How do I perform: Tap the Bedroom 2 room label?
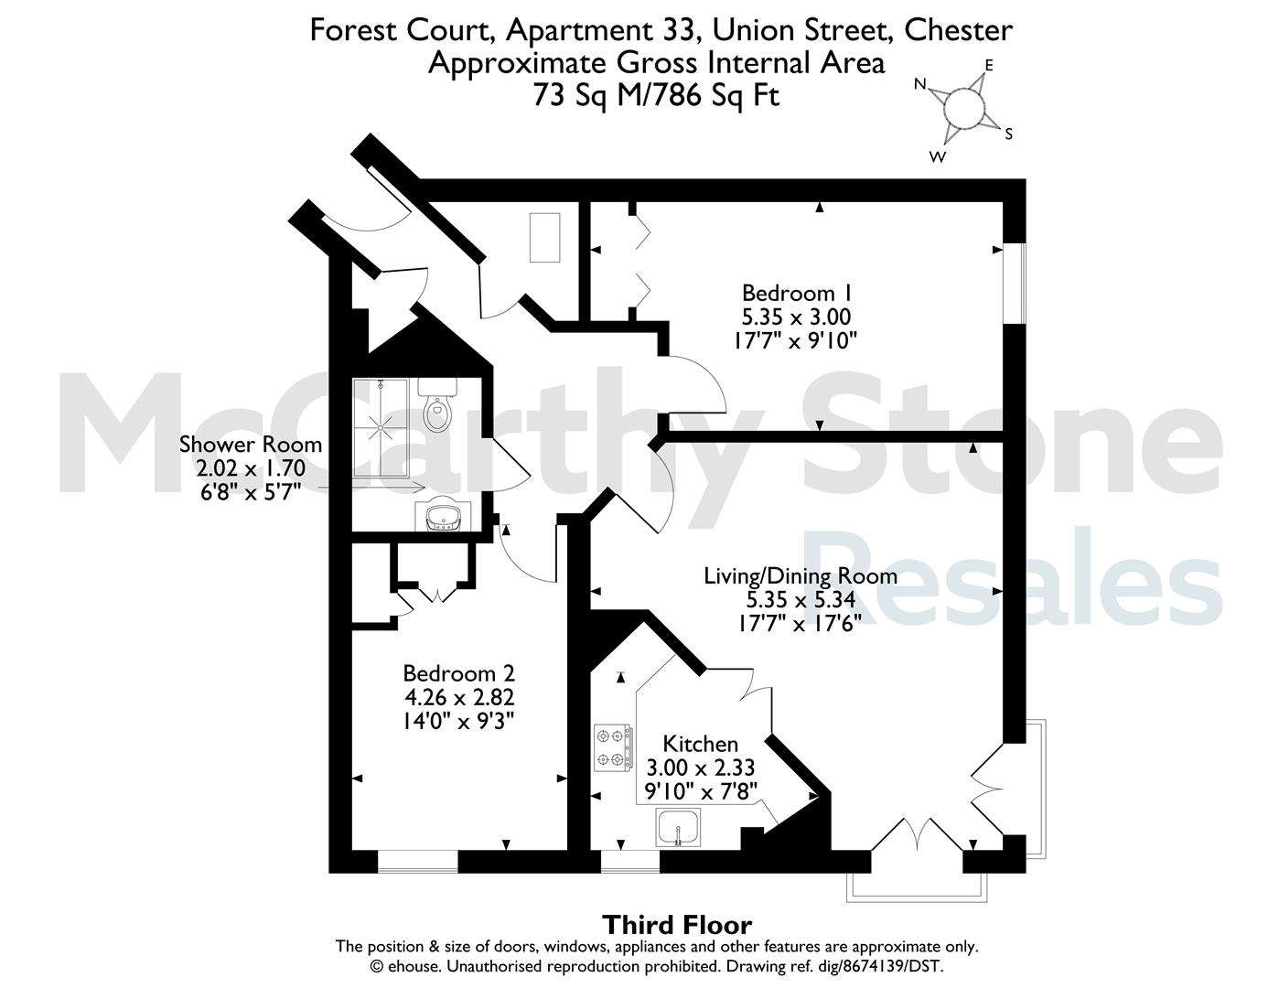458,672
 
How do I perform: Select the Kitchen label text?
701,744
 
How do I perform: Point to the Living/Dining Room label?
801,576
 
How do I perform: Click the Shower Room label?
251,445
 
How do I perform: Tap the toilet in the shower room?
436,403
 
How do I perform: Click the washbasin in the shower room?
443,517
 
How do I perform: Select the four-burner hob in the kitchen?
613,748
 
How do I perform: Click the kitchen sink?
678,827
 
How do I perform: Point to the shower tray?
381,426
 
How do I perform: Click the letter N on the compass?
920,85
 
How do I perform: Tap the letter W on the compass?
938,156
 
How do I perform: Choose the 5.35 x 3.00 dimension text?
796,317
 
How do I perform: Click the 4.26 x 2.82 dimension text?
459,697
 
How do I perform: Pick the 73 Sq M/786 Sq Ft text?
656,95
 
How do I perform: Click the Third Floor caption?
677,925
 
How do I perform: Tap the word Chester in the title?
958,30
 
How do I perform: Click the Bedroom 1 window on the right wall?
1014,283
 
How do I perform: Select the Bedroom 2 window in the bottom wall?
417,862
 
